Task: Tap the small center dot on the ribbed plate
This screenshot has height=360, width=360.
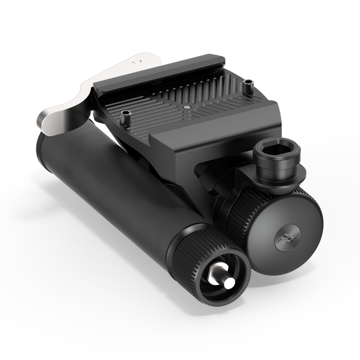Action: (x=186, y=106)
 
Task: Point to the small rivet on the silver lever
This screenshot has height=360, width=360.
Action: (x=135, y=60)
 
